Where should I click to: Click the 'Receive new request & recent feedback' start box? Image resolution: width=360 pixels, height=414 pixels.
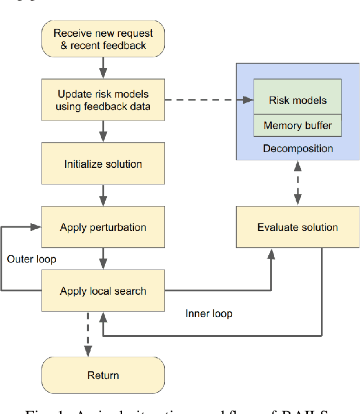[103, 40]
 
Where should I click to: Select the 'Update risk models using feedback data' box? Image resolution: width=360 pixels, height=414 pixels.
[103, 100]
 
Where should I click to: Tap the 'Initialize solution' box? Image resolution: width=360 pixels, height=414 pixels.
[103, 164]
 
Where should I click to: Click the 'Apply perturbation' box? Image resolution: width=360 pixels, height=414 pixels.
[103, 227]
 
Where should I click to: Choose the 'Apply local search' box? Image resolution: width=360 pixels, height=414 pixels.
[103, 291]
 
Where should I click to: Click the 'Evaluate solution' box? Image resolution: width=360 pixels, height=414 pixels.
[297, 227]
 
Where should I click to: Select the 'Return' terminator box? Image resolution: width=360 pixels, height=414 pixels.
[103, 375]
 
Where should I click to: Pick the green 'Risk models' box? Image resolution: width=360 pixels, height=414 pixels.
[297, 100]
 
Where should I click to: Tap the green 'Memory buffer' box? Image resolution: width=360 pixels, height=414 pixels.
[297, 125]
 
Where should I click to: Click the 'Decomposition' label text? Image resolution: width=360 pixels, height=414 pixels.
[297, 148]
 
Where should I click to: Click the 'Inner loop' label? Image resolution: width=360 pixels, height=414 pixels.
[209, 313]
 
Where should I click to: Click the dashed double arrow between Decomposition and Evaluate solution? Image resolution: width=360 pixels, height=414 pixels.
[297, 183]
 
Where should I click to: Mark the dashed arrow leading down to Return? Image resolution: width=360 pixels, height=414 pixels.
[88, 333]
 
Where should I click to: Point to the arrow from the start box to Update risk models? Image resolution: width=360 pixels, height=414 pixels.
[103, 68]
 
